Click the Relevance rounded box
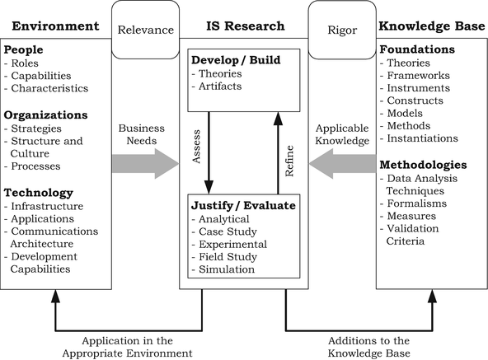click(x=146, y=30)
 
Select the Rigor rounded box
click(x=342, y=30)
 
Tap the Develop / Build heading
click(x=236, y=62)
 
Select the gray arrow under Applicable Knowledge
click(x=342, y=164)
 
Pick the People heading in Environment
click(x=26, y=50)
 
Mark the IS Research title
click(x=244, y=27)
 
